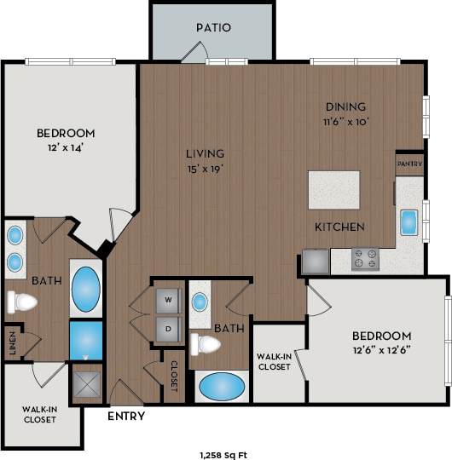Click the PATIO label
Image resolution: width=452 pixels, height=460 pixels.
[x=213, y=27]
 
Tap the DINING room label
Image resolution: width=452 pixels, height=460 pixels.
[x=345, y=107]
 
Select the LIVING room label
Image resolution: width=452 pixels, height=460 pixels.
[x=205, y=154]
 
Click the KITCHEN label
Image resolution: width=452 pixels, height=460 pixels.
[x=340, y=227]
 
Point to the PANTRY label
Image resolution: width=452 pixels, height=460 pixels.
[x=409, y=163]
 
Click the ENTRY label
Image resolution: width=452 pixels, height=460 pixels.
[x=126, y=417]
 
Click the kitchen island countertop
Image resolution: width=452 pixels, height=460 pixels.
[x=334, y=190]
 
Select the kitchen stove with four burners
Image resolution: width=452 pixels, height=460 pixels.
[x=366, y=259]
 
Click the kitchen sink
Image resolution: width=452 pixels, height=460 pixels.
[x=409, y=221]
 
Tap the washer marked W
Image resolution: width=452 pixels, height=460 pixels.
[x=168, y=299]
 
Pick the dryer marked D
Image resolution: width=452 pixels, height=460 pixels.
[x=168, y=327]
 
